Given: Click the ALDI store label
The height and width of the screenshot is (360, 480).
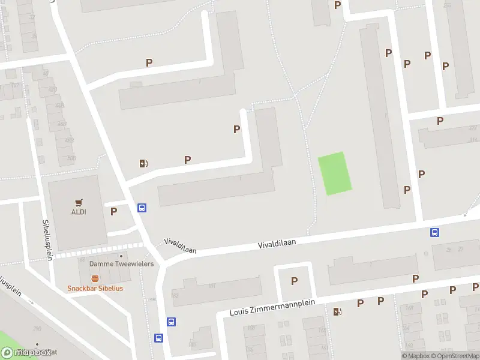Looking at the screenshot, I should coord(79,212).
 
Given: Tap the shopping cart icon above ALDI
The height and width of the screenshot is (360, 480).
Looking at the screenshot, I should coord(79,203).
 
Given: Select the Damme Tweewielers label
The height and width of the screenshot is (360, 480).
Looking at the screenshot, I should coord(121,264).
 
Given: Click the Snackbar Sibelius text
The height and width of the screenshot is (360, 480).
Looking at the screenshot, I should coord(95,288).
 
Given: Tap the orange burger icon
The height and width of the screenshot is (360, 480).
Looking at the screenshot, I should coord(95,278).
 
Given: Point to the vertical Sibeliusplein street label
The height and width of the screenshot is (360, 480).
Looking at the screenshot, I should coord(47,239).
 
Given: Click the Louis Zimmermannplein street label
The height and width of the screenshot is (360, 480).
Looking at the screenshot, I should coord(265,308).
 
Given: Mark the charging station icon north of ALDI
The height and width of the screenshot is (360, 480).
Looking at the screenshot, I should coord(144,163).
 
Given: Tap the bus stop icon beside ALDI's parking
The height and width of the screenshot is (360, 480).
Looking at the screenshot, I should coord(142,208).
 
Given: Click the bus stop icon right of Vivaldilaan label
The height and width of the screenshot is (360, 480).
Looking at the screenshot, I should coord(434,233).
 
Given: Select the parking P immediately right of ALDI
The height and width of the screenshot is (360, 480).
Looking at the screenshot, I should coord(113,211).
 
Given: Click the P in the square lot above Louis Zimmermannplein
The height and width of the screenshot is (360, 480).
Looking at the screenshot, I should coord(294,281).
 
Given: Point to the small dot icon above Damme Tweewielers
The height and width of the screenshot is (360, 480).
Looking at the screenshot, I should coord(121,256).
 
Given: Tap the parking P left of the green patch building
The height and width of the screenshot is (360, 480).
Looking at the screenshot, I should coord(236,129).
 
